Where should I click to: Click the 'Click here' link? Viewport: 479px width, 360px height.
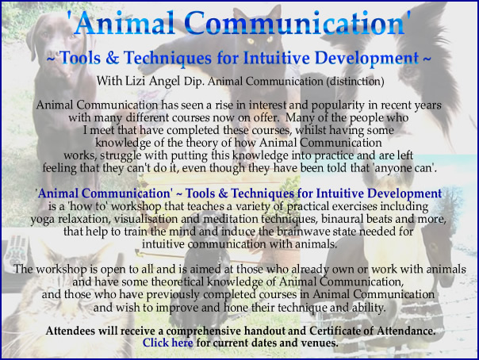[167, 343]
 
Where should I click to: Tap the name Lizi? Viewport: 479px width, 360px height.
[135, 81]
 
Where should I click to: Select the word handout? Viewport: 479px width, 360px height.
[265, 331]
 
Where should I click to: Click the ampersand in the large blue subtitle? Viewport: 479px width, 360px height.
[112, 58]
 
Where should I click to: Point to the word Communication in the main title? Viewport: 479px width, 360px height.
[293, 24]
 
